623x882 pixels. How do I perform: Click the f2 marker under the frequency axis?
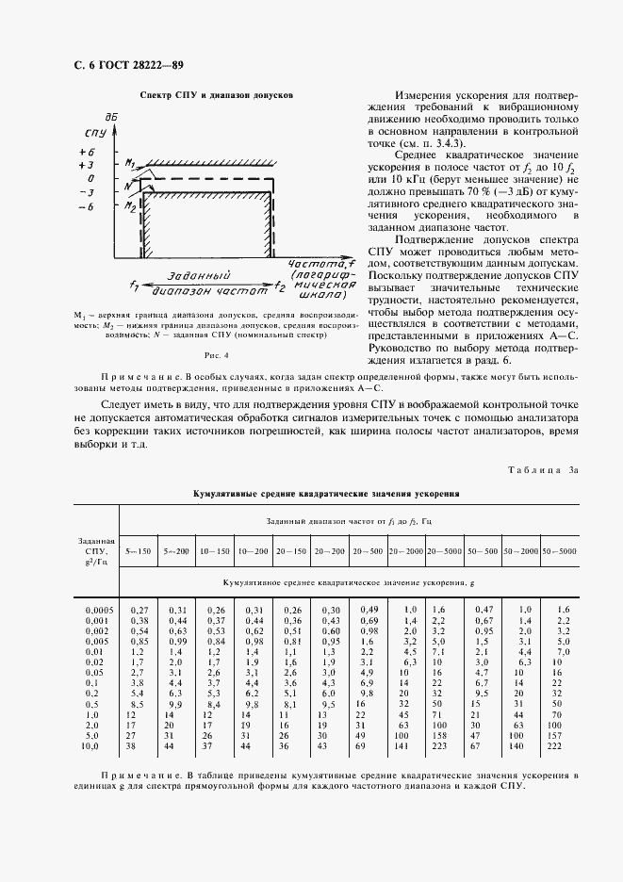pyautogui.click(x=279, y=285)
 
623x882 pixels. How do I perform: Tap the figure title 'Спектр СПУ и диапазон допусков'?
pyautogui.click(x=217, y=95)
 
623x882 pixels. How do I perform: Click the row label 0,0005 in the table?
pyautogui.click(x=98, y=610)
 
